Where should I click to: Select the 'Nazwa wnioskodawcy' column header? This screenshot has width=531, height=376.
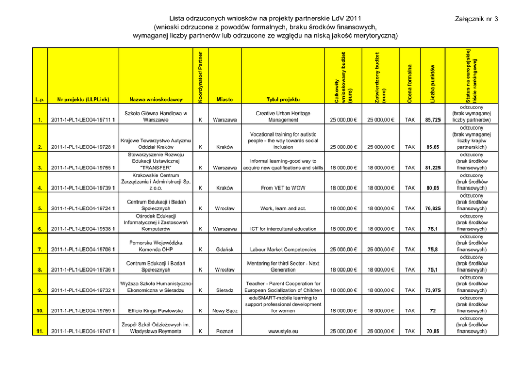(155, 100)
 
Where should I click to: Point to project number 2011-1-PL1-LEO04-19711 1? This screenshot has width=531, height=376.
(83, 120)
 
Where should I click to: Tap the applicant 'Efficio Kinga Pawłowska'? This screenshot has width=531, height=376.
(155, 311)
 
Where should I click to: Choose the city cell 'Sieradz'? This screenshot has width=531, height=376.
(224, 290)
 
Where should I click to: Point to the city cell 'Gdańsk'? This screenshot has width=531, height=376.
(224, 250)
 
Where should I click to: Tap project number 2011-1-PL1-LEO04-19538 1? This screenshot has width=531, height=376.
(83, 229)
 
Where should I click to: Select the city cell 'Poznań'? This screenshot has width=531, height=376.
(224, 332)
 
